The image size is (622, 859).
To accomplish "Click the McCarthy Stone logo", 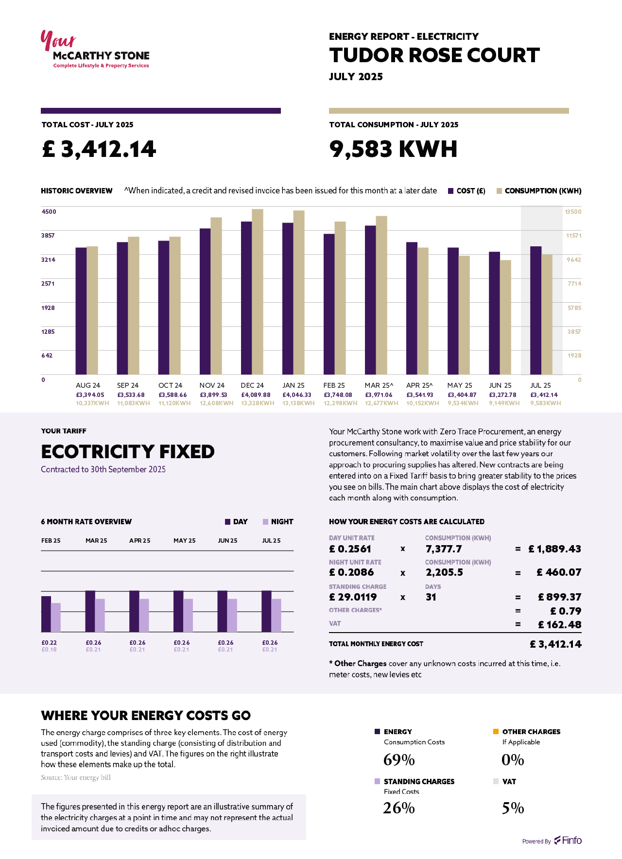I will [95, 50].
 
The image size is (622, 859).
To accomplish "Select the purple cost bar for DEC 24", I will [246, 297].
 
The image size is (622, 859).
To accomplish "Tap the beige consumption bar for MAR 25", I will [381, 295].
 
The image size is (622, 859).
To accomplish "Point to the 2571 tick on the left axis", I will [48, 283].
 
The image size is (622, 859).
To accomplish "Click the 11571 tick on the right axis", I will [573, 236].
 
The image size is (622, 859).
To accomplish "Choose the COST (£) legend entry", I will [466, 191].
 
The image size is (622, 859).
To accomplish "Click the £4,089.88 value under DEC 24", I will [256, 395].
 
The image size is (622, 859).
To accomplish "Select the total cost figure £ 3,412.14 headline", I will [99, 149].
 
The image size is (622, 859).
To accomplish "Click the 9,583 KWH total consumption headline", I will [393, 149].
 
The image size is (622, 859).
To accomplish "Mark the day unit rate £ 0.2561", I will [350, 549].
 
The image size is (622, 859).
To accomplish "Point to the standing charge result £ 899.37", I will [559, 597].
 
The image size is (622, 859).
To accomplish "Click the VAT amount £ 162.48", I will [559, 625].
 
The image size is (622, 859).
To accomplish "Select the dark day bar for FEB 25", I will [46, 614].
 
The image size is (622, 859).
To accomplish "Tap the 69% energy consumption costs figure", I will [399, 760].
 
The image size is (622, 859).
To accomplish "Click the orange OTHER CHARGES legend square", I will [496, 732].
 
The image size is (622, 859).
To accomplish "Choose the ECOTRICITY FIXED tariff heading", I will [128, 452].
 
